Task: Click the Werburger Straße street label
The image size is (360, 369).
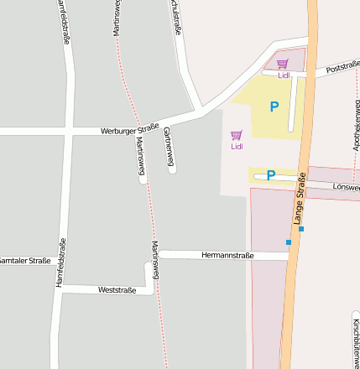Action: [130, 128]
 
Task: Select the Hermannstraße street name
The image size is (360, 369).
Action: [227, 254]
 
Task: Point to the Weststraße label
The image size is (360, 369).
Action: [117, 290]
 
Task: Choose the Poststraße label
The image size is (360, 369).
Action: [342, 67]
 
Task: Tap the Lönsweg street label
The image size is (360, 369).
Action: [346, 187]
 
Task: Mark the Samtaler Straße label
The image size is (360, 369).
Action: [26, 261]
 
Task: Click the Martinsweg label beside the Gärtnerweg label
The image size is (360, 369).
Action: [140, 157]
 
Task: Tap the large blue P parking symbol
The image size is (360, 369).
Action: [274, 107]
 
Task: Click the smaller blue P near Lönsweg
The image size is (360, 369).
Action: [270, 175]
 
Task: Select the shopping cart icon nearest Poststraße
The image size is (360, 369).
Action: [283, 64]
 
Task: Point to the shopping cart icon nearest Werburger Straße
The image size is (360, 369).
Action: [237, 135]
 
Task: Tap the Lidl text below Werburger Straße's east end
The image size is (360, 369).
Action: [237, 147]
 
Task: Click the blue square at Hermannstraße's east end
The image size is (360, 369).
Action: [289, 242]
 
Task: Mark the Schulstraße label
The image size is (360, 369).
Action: [175, 18]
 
